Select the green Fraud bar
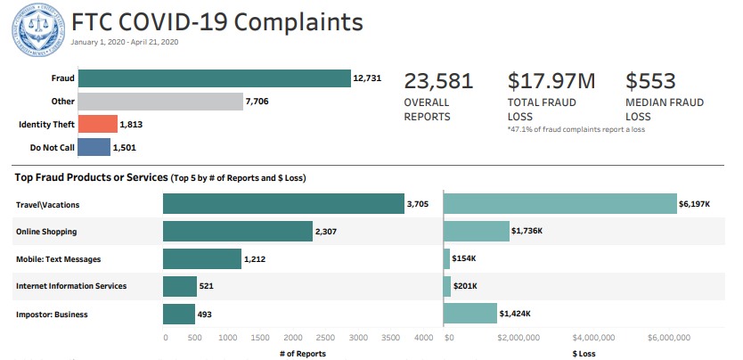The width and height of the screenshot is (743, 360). tap(214, 78)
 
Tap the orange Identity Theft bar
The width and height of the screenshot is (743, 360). tap(97, 125)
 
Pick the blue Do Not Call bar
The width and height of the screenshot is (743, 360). tap(94, 147)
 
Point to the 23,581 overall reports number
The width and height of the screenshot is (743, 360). tap(438, 81)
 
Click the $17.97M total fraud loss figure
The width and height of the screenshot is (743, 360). tap(551, 81)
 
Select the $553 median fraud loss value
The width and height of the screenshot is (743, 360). tap(650, 81)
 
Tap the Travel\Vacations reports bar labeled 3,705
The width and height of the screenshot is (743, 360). tap(283, 204)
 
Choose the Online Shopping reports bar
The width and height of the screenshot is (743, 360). tap(237, 232)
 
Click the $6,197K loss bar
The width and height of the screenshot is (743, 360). tap(559, 204)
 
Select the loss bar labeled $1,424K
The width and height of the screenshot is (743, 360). tap(469, 314)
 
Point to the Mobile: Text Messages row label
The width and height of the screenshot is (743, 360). tap(58, 259)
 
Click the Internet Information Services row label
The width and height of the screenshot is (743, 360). tap(71, 286)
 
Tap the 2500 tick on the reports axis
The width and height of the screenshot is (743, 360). tap(326, 338)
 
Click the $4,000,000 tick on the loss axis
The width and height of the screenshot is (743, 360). tap(594, 338)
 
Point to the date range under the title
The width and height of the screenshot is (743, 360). tap(126, 42)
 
